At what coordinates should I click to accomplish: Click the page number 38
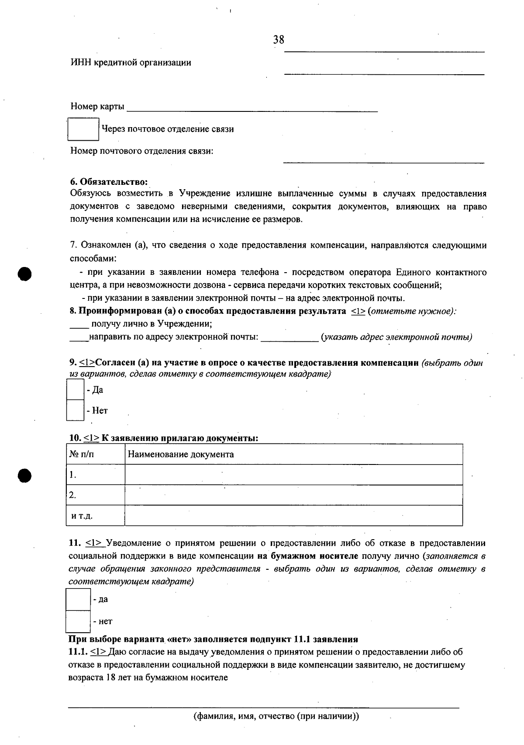(x=279, y=40)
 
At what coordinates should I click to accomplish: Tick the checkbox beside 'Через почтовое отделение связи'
(x=83, y=129)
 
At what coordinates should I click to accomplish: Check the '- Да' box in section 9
(x=75, y=389)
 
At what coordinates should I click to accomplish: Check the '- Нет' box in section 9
(x=75, y=410)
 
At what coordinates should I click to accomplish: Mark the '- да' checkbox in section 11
(x=78, y=599)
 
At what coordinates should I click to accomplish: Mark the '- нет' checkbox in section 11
(x=78, y=621)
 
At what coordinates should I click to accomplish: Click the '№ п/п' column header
(x=82, y=454)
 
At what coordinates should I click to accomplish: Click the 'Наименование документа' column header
(x=181, y=454)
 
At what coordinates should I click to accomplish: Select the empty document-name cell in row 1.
(x=293, y=475)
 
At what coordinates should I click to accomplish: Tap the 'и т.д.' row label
(x=82, y=516)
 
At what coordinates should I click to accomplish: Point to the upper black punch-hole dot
(x=25, y=274)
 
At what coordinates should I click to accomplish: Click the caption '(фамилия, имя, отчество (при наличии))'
(x=276, y=717)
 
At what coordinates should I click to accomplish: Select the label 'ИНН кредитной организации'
(x=131, y=62)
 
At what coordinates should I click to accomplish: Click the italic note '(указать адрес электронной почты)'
(x=396, y=337)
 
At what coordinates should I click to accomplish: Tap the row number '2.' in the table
(x=72, y=495)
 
